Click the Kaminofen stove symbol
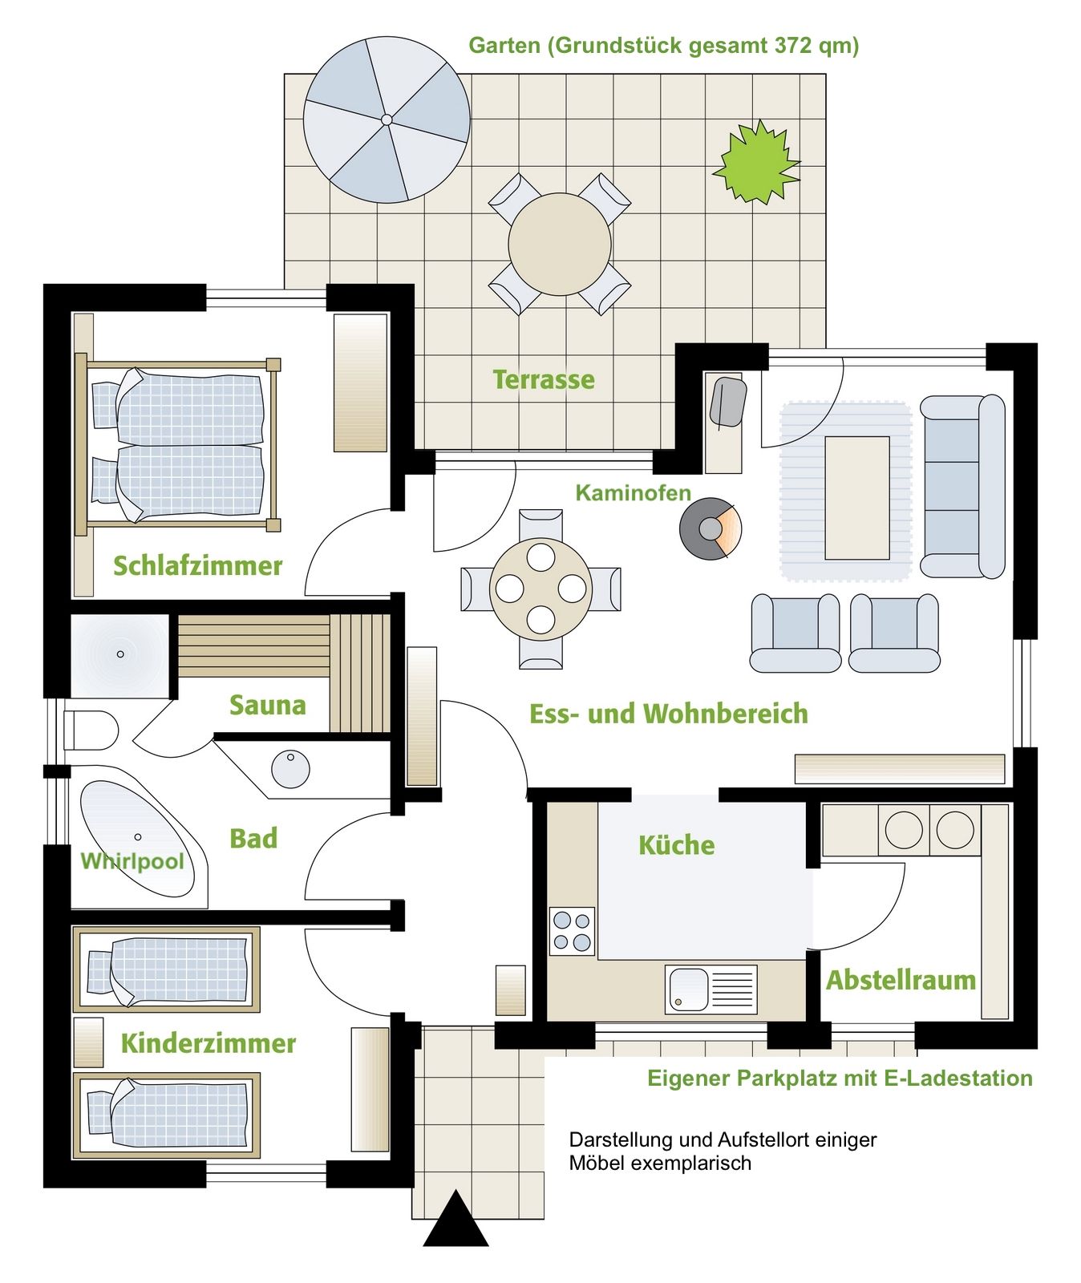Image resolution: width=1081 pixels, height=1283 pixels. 710,528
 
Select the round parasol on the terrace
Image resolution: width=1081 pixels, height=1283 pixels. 387,119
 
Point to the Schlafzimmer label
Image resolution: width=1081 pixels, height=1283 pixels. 197,565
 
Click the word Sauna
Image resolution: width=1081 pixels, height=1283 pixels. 268,705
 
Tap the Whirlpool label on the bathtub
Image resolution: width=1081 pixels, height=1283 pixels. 132,861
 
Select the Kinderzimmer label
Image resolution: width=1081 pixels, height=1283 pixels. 209,1043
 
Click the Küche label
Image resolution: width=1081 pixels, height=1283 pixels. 676,844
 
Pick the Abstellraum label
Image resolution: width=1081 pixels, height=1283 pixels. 901,980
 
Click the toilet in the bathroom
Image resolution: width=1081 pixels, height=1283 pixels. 90,730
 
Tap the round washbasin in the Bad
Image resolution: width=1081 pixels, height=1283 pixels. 290,769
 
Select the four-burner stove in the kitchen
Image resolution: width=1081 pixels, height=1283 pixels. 572,931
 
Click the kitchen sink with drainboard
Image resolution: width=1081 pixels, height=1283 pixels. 711,990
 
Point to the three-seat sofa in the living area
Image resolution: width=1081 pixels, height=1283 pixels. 962,486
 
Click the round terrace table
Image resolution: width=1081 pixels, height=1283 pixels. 560,244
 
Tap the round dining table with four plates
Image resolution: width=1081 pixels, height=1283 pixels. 541,589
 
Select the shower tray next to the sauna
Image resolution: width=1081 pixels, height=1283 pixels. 120,655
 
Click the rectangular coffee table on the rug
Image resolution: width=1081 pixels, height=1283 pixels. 857,498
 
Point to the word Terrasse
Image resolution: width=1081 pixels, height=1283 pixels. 544,379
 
